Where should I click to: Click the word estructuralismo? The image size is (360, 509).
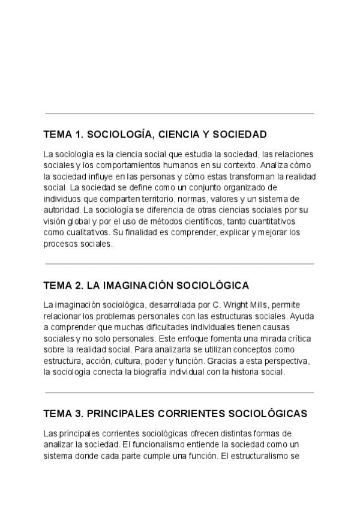point(256,455)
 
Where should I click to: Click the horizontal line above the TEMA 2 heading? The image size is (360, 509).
point(179,264)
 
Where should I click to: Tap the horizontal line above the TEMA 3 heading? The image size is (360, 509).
point(179,393)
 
